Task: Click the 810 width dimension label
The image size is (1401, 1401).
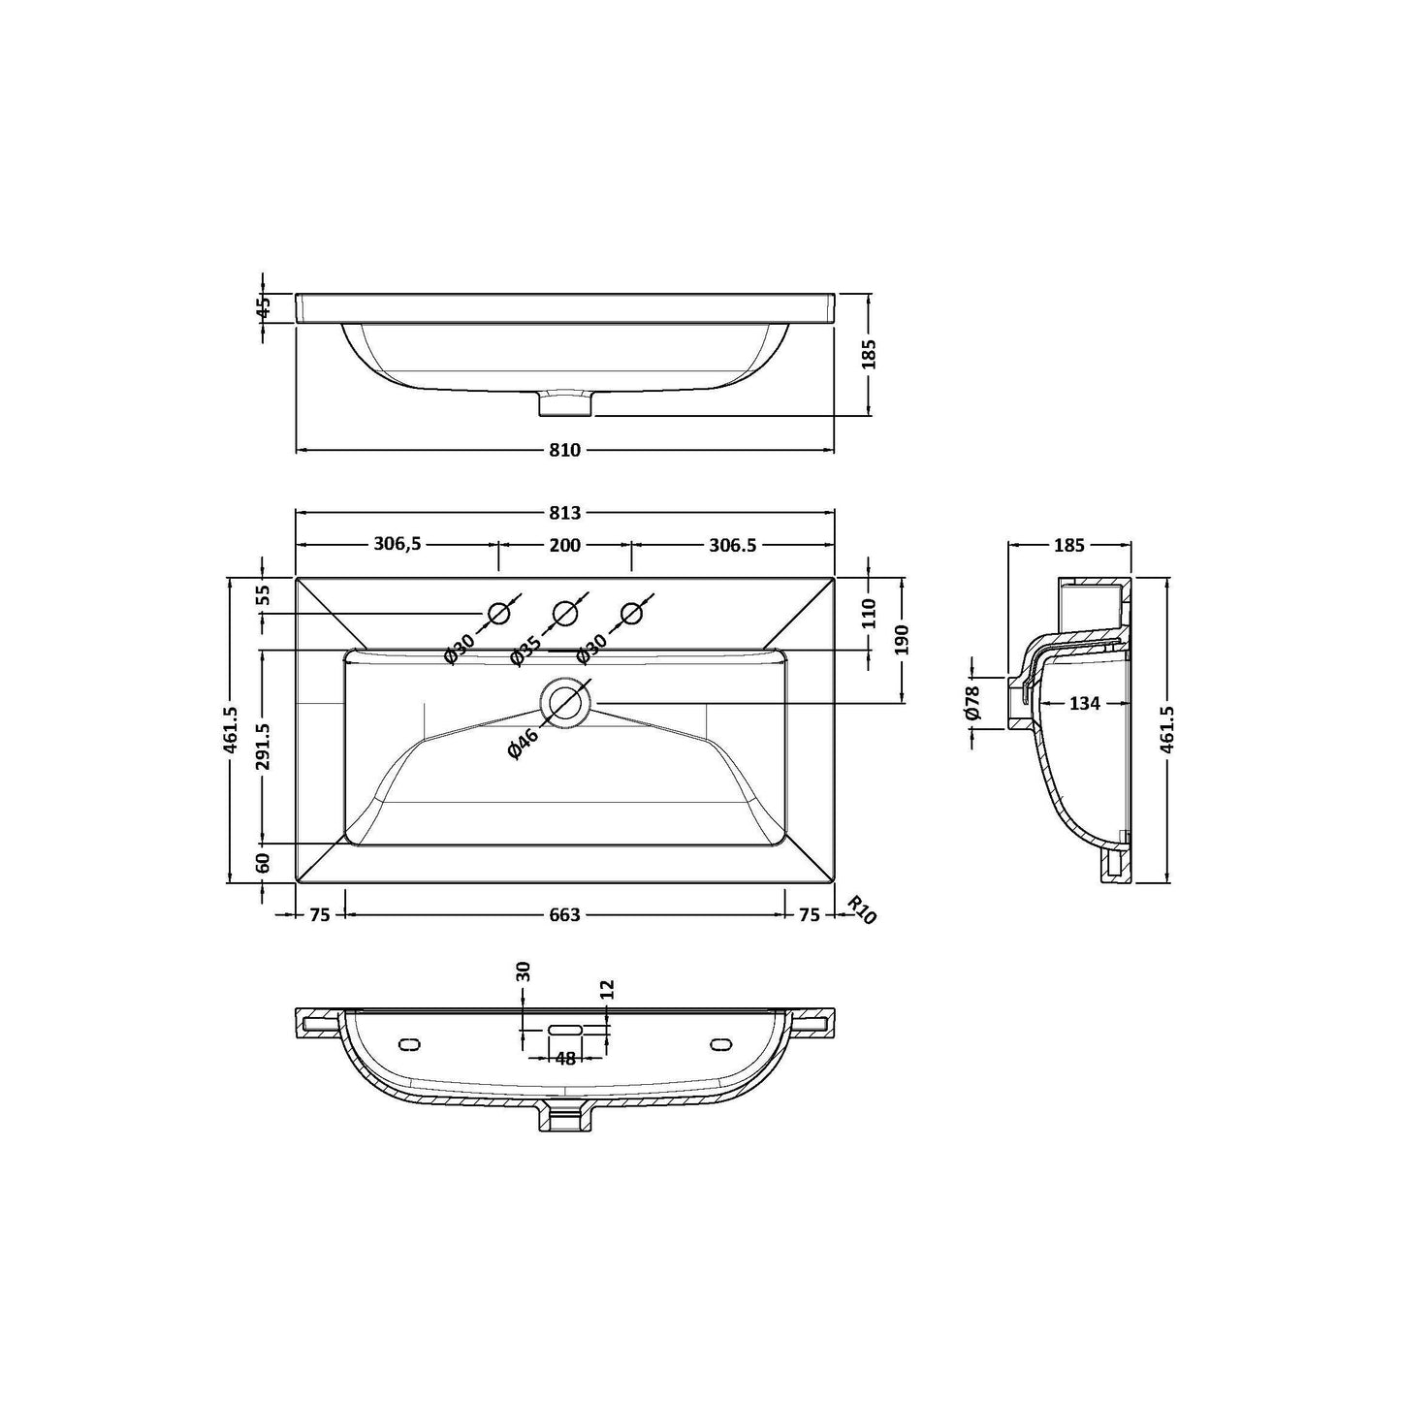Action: point(564,450)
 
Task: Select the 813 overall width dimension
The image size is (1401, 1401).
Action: point(564,513)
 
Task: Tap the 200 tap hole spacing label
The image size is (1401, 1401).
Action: point(564,545)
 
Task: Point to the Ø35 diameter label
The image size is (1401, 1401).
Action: point(525,650)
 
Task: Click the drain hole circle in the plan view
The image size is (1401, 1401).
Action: point(566,703)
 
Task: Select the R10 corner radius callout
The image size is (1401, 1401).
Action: point(862,909)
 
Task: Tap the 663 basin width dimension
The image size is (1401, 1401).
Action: point(564,914)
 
